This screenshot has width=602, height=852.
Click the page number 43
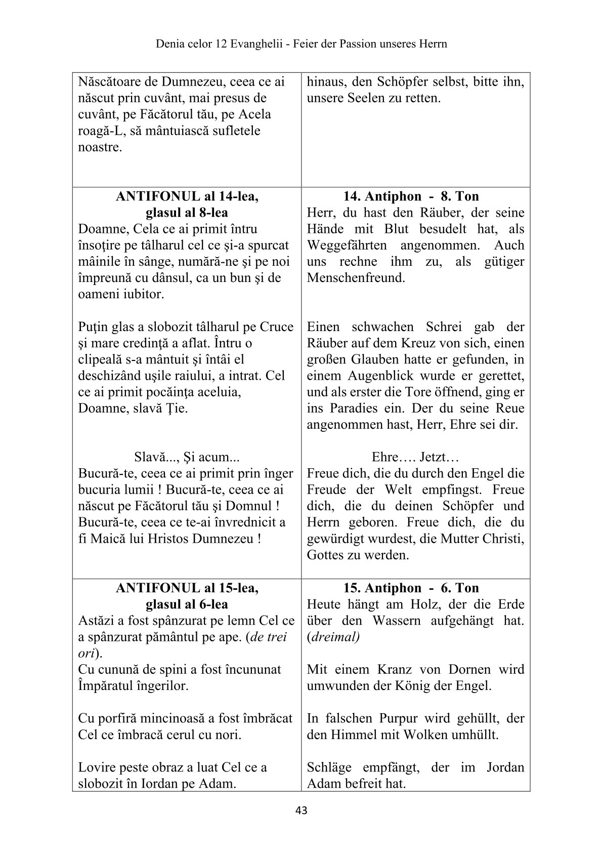tap(301, 810)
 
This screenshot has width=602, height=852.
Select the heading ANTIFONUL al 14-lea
tap(187, 196)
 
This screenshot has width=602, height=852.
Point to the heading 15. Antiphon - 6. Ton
tap(411, 588)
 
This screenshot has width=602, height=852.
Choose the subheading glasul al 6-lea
tap(187, 604)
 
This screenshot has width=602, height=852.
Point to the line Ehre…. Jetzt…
tap(415, 458)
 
